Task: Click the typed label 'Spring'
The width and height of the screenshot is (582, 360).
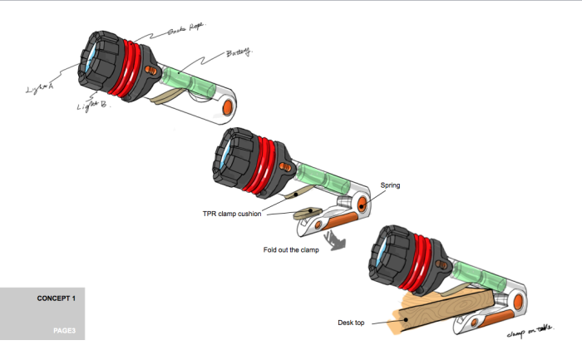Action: click(391, 185)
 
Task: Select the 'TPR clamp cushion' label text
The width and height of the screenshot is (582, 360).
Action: click(233, 214)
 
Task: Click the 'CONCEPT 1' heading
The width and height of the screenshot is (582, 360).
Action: click(57, 298)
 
